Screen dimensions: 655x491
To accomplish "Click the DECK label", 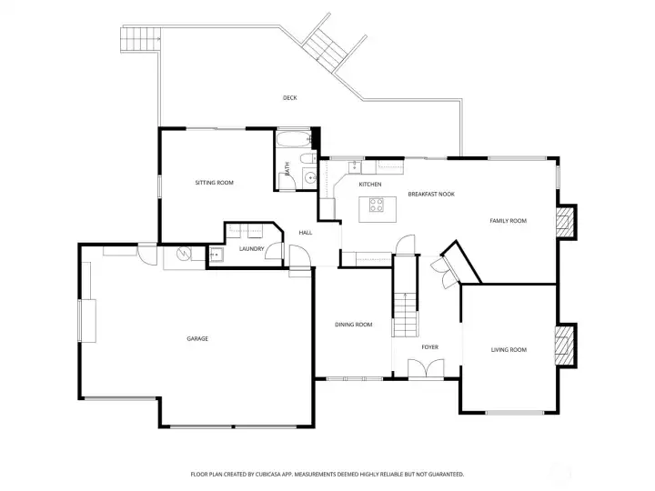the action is pyautogui.click(x=290, y=97).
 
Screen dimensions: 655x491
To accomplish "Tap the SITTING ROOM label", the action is pyautogui.click(x=215, y=183).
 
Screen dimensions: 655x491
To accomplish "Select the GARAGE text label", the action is pyautogui.click(x=197, y=338).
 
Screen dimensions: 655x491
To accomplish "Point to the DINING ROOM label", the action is pyautogui.click(x=353, y=325).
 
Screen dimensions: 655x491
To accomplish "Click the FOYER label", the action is pyautogui.click(x=429, y=347).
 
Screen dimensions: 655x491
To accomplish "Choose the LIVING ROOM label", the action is pyautogui.click(x=509, y=349).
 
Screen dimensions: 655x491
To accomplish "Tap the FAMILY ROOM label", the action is pyautogui.click(x=508, y=220).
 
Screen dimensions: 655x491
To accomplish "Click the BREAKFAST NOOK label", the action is pyautogui.click(x=431, y=194).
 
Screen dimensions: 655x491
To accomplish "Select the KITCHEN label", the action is pyautogui.click(x=370, y=184).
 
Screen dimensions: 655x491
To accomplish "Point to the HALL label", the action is pyautogui.click(x=306, y=233).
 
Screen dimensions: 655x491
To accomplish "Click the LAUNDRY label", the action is pyautogui.click(x=251, y=249).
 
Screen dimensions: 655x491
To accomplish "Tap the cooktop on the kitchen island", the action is pyautogui.click(x=376, y=205).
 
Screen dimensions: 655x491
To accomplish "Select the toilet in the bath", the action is pyautogui.click(x=308, y=158).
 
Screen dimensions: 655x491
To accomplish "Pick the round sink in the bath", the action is pyautogui.click(x=310, y=178).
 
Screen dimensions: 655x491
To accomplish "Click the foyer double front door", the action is pyautogui.click(x=426, y=369).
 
